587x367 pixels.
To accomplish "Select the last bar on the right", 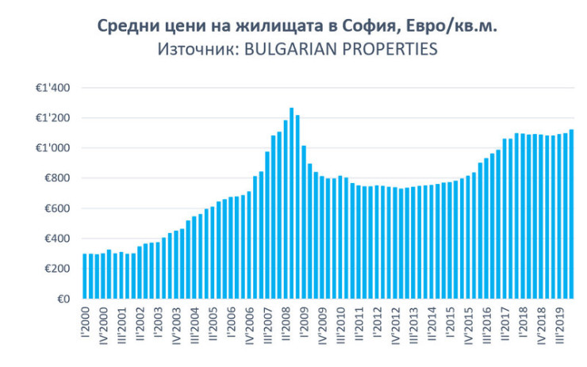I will [571, 214].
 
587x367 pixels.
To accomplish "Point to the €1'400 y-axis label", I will [55, 88].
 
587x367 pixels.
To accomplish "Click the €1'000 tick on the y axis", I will [55, 148].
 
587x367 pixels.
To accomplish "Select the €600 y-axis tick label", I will [58, 208].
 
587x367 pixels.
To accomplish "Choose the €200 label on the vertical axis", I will [58, 269].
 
